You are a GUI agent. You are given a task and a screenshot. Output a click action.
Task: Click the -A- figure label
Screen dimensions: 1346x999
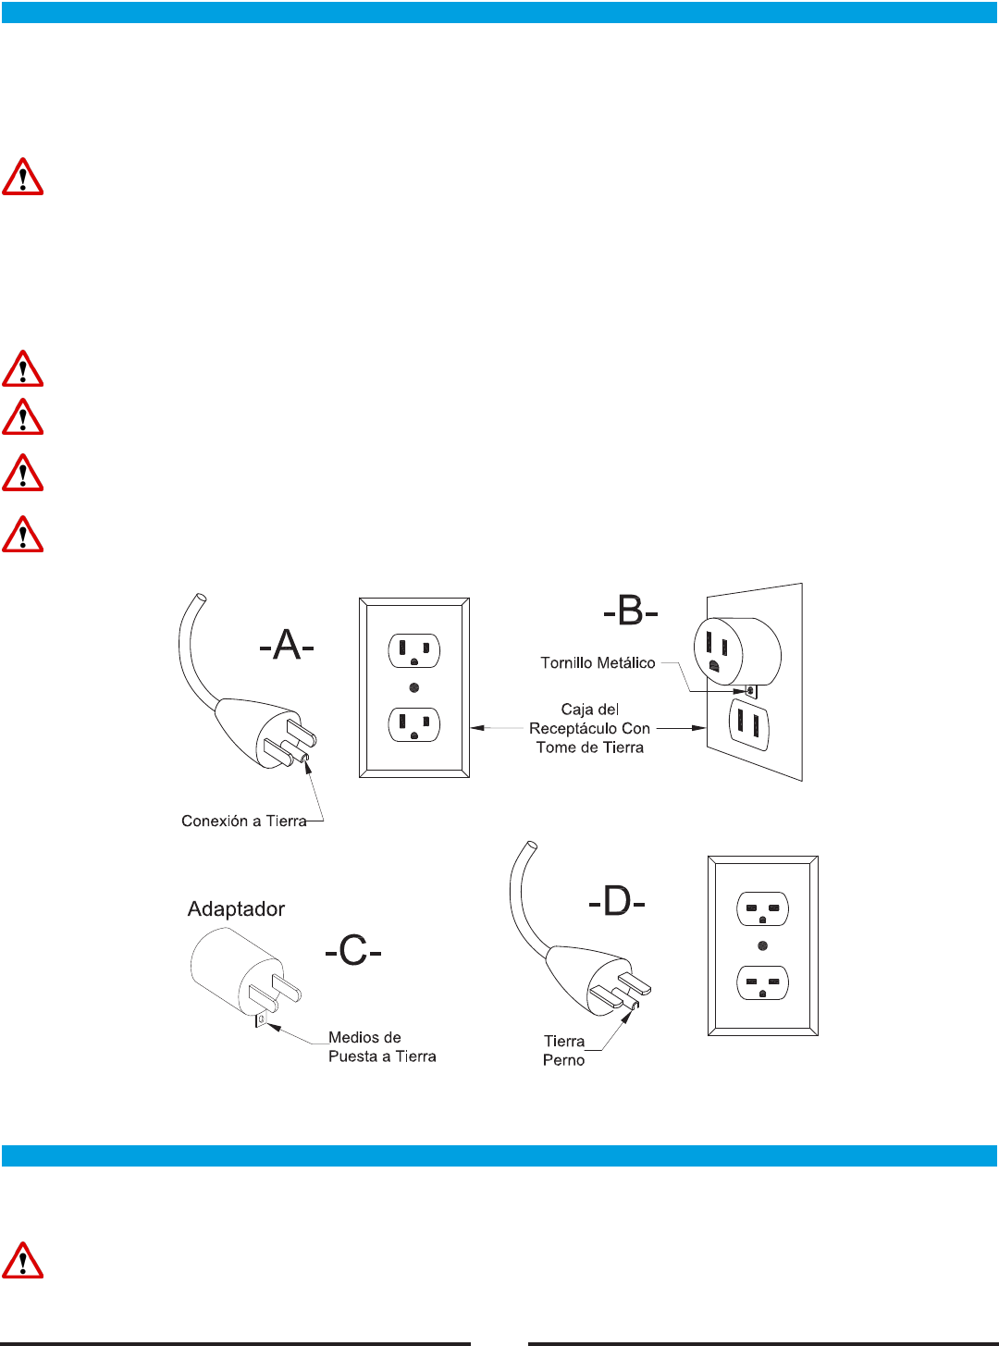287,645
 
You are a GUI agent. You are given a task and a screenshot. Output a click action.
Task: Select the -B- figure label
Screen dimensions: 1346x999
630,611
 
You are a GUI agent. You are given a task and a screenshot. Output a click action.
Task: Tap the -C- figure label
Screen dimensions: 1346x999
352,950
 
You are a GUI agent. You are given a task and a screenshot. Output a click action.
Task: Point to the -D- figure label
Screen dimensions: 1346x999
617,900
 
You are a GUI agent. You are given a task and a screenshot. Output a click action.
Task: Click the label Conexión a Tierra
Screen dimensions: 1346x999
243,821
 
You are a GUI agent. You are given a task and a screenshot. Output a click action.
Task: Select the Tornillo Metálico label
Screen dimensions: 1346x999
598,662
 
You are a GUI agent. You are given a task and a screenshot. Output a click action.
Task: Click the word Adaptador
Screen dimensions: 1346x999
236,908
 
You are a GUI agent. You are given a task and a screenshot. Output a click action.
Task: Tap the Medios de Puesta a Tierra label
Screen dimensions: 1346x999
382,1047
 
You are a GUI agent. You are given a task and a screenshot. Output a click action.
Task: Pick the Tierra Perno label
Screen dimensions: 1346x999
563,1051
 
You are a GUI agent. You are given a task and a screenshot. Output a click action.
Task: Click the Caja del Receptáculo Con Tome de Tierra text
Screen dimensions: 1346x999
590,728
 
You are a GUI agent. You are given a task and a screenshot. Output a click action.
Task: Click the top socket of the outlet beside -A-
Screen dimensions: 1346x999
414,650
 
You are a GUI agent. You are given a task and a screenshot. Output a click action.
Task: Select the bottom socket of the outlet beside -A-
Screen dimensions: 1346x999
414,724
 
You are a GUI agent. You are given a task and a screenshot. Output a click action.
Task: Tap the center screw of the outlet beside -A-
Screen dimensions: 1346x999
414,687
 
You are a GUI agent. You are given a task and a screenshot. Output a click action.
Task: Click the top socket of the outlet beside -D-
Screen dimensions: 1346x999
762,908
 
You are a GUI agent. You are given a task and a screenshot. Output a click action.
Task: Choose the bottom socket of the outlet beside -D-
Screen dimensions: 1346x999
762,982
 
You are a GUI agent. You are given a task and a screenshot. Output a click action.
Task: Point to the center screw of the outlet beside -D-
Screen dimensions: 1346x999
762,945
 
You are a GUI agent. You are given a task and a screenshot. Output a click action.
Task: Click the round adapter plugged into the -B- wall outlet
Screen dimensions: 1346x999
736,651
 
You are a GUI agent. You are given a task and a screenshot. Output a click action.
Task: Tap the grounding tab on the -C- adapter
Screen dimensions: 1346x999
261,1019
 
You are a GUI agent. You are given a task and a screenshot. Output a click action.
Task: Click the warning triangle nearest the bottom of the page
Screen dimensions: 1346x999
23,1260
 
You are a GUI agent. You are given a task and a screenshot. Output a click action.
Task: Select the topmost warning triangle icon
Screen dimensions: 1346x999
23,177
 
